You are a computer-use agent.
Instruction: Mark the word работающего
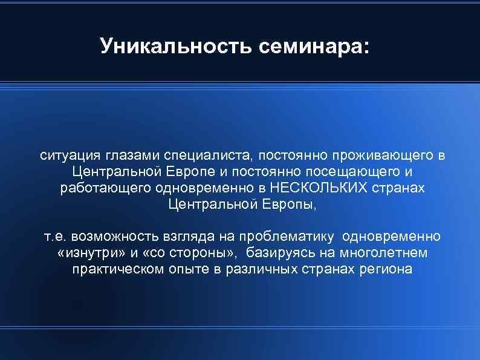105,188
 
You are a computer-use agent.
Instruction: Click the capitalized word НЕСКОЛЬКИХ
319,188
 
